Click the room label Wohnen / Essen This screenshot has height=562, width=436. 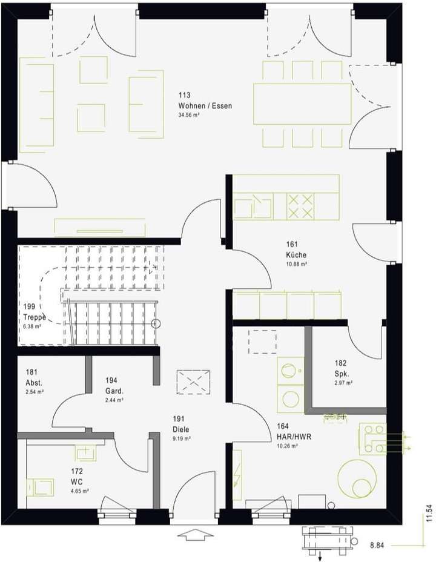click(205, 106)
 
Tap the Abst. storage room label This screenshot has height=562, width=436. click(34, 383)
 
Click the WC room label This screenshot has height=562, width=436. click(76, 481)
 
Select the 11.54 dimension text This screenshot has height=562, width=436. click(429, 512)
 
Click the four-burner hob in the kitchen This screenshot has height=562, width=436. click(301, 206)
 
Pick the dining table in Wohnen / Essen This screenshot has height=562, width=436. click(302, 104)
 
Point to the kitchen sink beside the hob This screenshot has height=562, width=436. click(253, 206)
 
